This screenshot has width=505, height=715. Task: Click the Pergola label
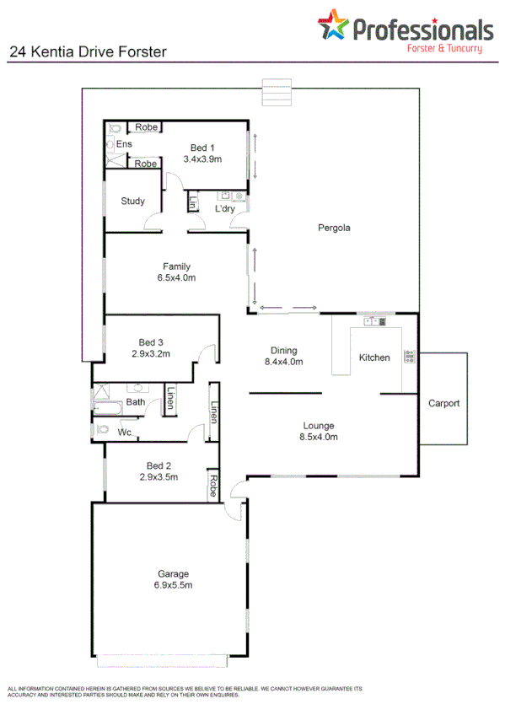334,228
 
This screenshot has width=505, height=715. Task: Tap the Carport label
443,403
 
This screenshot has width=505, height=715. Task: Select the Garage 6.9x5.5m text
171,580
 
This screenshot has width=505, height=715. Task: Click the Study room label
132,202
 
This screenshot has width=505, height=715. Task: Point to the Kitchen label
374,357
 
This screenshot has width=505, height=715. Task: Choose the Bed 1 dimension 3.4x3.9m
201,159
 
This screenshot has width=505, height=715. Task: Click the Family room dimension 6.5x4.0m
176,277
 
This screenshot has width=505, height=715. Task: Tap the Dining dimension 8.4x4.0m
283,362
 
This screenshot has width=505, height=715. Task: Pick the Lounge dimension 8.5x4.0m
319,437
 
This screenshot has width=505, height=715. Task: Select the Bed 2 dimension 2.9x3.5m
158,476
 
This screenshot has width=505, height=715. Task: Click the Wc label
124,433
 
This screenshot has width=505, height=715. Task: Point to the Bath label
135,402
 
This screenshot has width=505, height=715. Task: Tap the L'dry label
224,209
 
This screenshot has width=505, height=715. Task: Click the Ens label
124,144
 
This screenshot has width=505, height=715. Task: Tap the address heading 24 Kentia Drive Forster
88,51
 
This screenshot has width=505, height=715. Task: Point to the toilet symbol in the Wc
104,429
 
